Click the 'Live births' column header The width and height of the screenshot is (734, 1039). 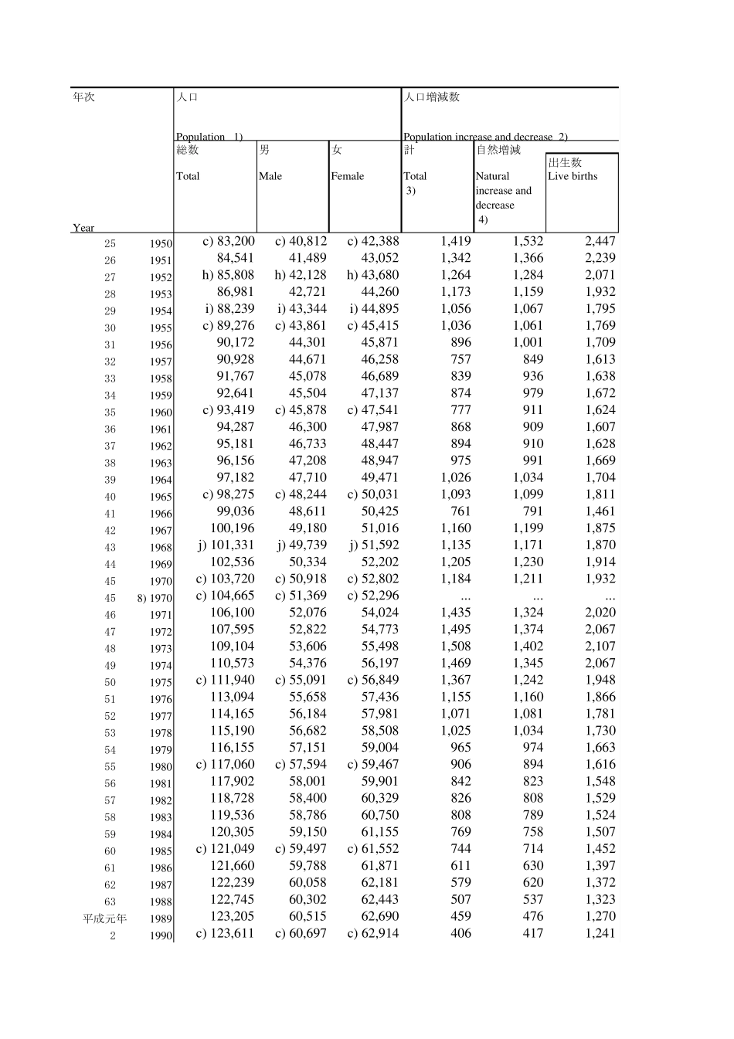coord(573,176)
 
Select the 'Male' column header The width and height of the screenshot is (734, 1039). coord(270,176)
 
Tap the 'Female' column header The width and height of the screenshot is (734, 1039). coord(348,176)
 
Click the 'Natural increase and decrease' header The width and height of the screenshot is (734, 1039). coord(504,191)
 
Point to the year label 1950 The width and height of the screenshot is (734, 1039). coord(161,243)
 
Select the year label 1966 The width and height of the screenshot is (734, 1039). coord(161,514)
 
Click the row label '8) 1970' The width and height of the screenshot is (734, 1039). coord(155,598)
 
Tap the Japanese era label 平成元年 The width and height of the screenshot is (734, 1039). coord(105,918)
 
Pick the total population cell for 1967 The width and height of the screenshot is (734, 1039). coord(232,528)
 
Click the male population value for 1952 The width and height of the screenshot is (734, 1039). coord(301,275)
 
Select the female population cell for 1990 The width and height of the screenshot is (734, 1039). coord(373,933)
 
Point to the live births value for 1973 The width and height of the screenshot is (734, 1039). coord(600,647)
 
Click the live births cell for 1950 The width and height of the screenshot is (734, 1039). coord(600,241)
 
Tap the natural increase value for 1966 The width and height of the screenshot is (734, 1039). coord(533,511)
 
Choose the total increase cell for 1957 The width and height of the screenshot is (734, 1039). coord(460,359)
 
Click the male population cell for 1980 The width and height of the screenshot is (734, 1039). coord(301,765)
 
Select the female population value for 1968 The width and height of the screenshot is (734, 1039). coord(374,545)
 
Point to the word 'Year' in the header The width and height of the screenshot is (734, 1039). coord(83,228)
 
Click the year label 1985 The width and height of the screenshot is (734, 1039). coord(161,851)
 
